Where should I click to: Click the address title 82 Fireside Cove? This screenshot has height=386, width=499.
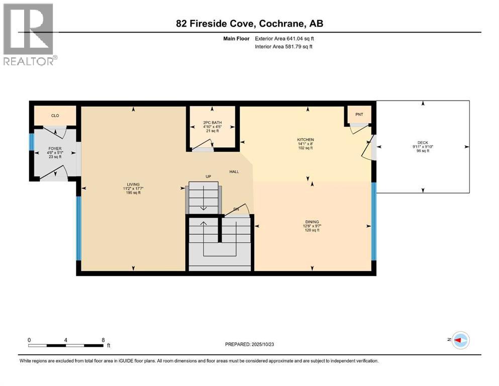[250, 24]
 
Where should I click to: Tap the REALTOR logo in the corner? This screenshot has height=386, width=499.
[30, 35]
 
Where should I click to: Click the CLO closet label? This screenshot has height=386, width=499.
[55, 116]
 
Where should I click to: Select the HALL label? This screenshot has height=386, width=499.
[234, 172]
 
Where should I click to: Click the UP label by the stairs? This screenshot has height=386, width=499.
[208, 176]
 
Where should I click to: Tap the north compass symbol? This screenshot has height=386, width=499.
[459, 340]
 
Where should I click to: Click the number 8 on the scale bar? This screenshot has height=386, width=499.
[103, 340]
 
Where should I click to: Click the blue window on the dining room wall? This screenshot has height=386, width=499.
[373, 221]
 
